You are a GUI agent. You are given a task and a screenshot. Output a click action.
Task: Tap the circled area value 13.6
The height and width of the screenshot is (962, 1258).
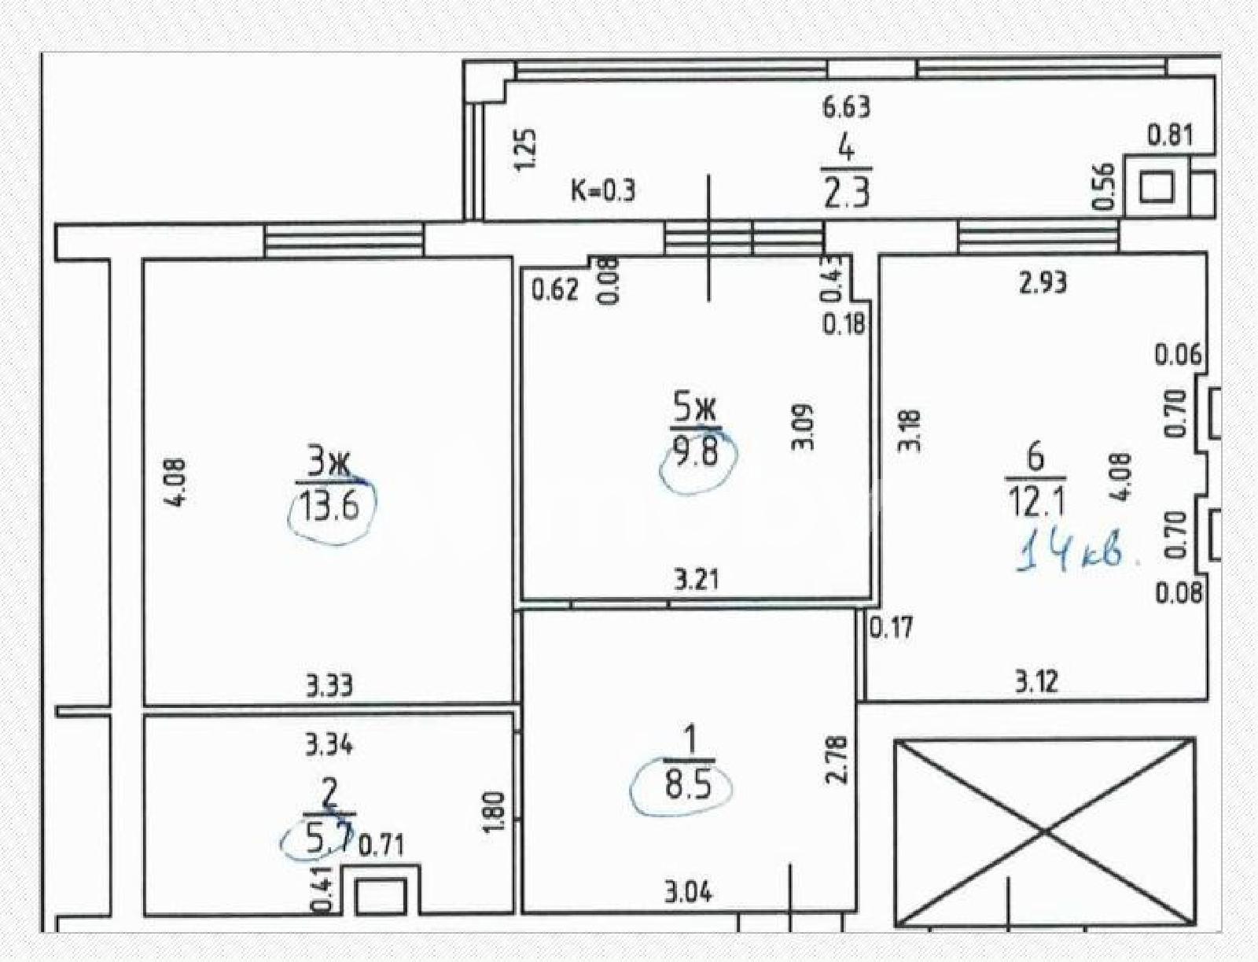pyautogui.click(x=331, y=507)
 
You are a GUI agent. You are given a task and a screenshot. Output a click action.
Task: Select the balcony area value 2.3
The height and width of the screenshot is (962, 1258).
pyautogui.click(x=847, y=194)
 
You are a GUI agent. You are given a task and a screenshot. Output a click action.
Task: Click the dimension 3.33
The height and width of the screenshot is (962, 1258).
pyautogui.click(x=329, y=686)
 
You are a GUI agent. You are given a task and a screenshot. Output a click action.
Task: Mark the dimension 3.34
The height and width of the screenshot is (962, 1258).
pyautogui.click(x=329, y=746)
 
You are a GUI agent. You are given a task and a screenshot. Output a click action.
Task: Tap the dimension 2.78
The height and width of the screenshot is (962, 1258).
pyautogui.click(x=837, y=760)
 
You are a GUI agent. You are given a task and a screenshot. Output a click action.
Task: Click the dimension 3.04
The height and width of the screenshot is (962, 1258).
pyautogui.click(x=688, y=892)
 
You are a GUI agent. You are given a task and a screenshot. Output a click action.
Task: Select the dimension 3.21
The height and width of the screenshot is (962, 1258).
pyautogui.click(x=694, y=580)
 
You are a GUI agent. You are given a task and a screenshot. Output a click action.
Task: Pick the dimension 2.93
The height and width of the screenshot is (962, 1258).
pyautogui.click(x=1043, y=282)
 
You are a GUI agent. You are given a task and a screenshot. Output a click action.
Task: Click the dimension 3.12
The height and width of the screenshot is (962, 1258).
pyautogui.click(x=1037, y=682)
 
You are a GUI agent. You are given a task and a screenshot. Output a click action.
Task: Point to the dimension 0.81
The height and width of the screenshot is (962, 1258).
pyautogui.click(x=1170, y=135)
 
